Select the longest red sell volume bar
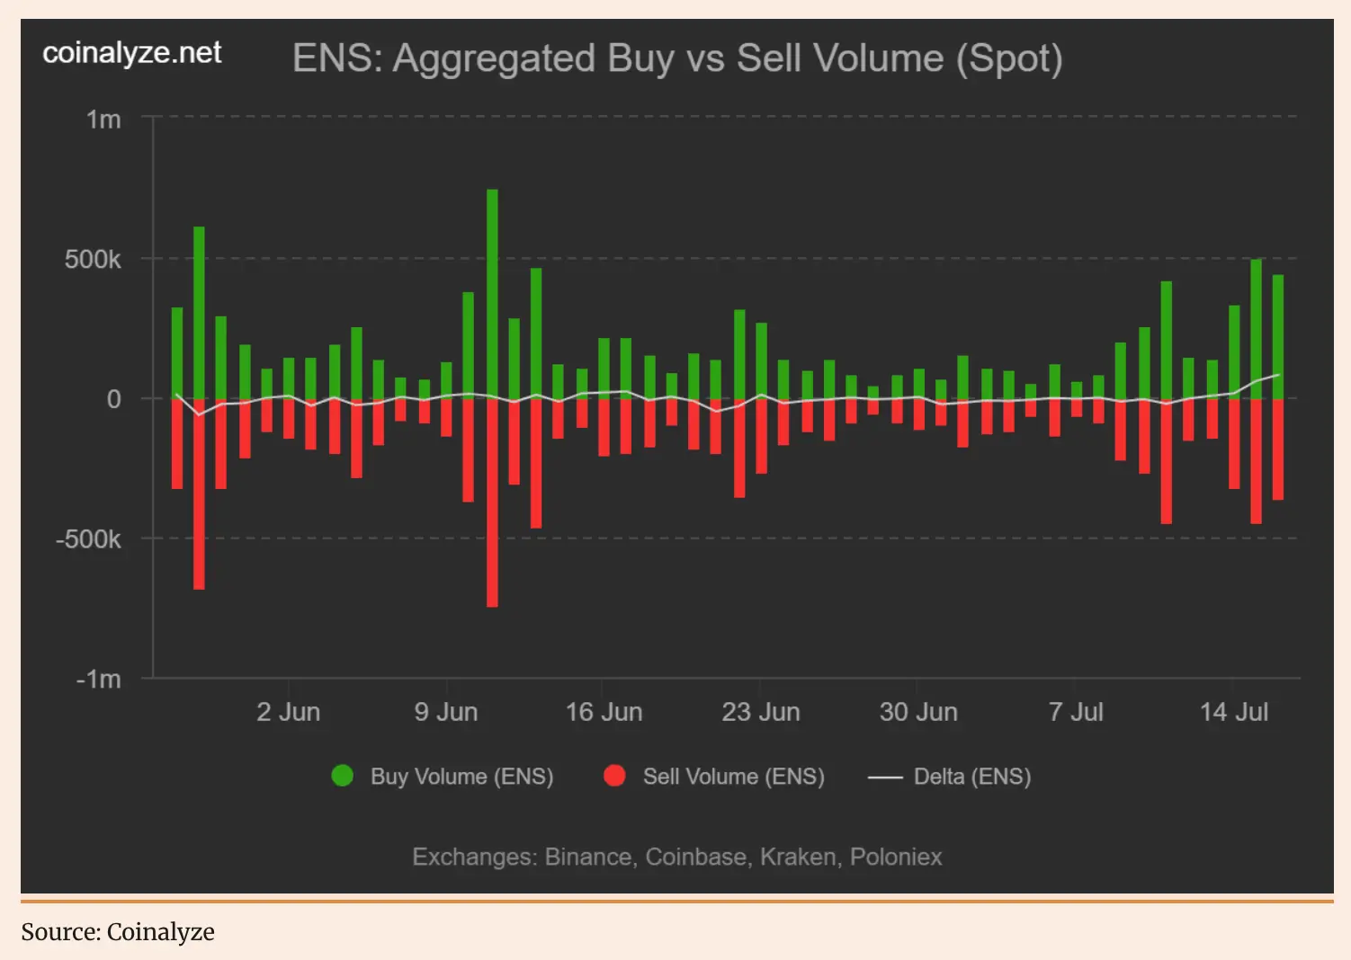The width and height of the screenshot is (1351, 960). point(492,503)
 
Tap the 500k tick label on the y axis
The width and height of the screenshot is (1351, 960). point(93,260)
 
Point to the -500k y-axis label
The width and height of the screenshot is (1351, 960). point(88,539)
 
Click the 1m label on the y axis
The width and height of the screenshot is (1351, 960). point(103,120)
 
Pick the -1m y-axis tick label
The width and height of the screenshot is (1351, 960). point(98,680)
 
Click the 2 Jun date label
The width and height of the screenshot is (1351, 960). point(288,712)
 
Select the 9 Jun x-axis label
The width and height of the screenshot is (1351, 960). point(445,712)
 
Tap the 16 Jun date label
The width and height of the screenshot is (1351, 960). point(604,712)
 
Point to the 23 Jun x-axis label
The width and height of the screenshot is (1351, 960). point(761,712)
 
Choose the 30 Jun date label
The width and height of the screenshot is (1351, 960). point(918,712)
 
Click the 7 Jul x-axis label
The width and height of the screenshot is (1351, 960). point(1076,712)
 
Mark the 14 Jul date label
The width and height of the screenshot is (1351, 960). point(1233,712)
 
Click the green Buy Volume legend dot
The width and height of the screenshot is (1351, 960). point(343,776)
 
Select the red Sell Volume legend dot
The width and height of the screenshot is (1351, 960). point(615,776)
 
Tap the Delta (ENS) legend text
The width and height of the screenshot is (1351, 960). point(972,777)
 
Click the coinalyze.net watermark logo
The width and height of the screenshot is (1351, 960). point(132,53)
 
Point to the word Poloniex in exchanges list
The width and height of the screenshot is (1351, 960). point(896,857)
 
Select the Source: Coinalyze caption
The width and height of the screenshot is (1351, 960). point(118,932)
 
